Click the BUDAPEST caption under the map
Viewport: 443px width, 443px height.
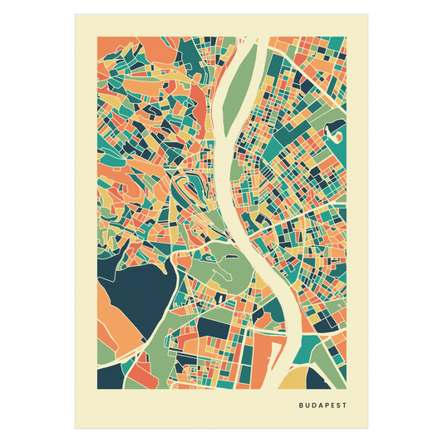coord(322,406)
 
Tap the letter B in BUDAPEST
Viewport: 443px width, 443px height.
coord(298,406)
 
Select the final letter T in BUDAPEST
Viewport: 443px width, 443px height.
coord(346,406)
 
